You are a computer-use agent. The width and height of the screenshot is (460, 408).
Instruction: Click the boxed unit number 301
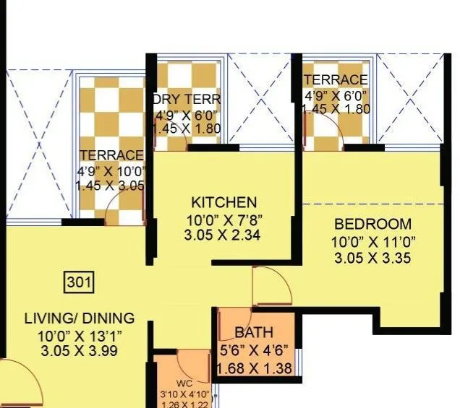click(x=79, y=282)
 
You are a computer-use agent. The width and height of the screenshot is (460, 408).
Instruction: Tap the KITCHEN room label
click(x=223, y=202)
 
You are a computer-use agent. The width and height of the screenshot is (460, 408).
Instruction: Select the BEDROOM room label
click(x=372, y=224)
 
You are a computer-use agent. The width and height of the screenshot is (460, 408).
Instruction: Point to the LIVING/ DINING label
click(x=80, y=318)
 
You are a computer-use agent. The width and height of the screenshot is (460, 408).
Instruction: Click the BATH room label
click(x=254, y=333)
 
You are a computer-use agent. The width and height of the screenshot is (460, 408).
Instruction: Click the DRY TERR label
click(x=187, y=99)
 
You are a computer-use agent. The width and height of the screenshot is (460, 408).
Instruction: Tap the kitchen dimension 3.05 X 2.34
click(x=222, y=235)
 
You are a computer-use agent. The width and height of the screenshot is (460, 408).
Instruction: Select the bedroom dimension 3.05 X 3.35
click(x=372, y=258)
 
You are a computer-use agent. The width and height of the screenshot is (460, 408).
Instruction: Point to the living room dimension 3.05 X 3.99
click(x=80, y=352)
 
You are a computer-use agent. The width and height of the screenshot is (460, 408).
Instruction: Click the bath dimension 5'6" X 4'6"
click(x=254, y=352)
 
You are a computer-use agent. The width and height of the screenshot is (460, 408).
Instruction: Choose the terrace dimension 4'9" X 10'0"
click(x=111, y=171)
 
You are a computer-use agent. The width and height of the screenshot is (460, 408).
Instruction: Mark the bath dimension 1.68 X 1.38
click(x=254, y=369)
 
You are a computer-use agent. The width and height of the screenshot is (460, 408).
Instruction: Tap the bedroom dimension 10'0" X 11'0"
click(x=373, y=241)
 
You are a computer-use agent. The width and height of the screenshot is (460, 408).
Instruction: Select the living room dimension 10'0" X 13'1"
click(x=80, y=335)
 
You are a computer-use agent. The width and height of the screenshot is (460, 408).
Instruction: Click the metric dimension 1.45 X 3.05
click(x=110, y=186)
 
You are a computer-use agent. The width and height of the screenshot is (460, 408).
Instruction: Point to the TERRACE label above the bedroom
click(x=336, y=79)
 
